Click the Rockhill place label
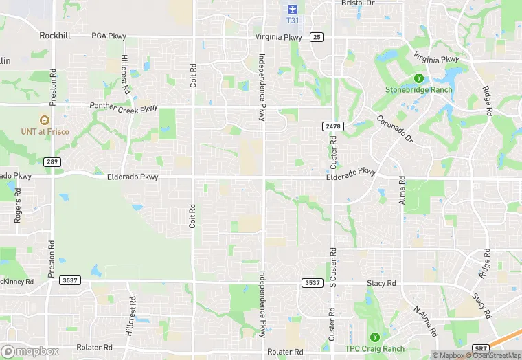point(56,35)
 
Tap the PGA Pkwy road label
point(109,35)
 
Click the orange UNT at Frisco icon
point(45,120)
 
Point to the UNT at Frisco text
point(45,131)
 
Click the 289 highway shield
point(52,162)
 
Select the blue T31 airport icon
point(292,9)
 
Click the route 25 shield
point(316,36)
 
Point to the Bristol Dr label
point(359,3)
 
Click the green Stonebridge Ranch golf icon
point(417,78)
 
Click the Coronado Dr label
point(394,129)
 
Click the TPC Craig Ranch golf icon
point(374,337)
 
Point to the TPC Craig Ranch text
point(374,348)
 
